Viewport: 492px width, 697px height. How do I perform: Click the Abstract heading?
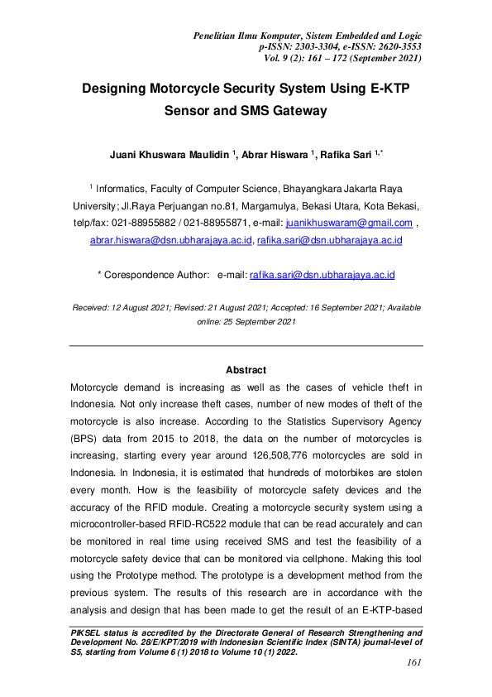click(x=246, y=370)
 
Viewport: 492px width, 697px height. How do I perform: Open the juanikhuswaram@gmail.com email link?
click(x=348, y=224)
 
